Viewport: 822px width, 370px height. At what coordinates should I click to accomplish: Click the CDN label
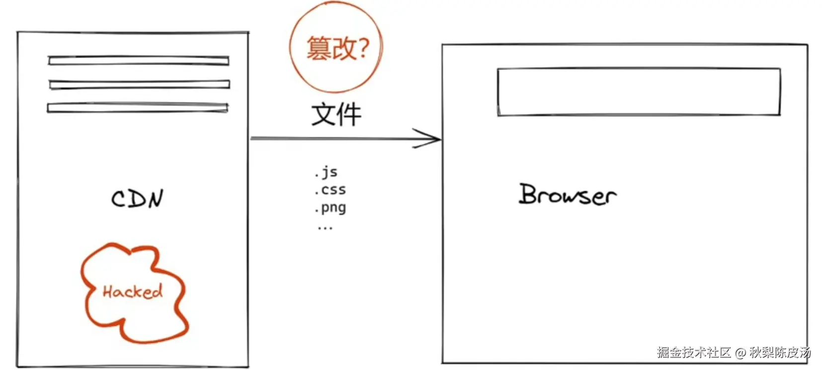coord(137,198)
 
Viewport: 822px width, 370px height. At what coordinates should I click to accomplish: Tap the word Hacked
coord(133,291)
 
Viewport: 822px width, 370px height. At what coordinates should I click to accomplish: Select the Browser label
coord(568,194)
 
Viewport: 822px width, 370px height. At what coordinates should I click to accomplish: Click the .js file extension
coord(327,172)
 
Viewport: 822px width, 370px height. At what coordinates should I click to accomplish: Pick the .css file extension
coord(330,190)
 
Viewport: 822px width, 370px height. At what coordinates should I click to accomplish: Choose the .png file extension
coord(330,208)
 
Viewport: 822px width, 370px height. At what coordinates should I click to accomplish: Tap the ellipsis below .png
coord(325,228)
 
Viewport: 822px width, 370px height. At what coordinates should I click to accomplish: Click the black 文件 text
coord(336,115)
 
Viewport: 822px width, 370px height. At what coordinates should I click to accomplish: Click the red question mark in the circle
coord(363,48)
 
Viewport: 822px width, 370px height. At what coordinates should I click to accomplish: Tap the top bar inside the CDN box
coord(139,61)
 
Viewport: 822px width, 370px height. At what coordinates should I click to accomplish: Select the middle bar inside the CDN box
coord(140,85)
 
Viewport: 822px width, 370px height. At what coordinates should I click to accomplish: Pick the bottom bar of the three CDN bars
coord(138,107)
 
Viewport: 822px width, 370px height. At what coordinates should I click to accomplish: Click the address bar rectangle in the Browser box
coord(639,92)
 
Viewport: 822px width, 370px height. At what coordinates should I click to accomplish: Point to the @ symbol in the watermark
coord(740,353)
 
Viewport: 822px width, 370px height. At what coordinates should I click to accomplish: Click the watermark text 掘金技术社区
coord(694,353)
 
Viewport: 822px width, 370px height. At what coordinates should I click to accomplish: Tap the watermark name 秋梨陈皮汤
coord(780,353)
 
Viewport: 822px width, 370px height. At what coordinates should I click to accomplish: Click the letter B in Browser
coord(529,193)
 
